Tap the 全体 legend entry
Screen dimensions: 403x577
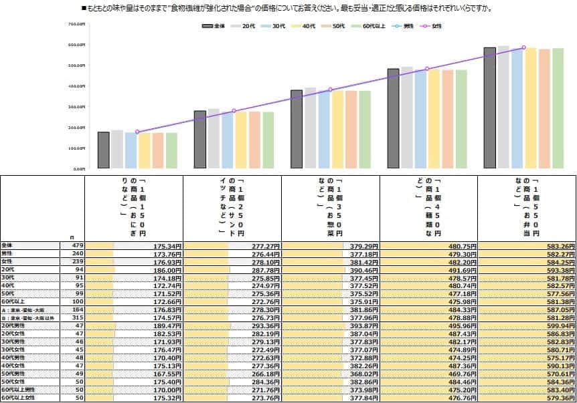point(215,25)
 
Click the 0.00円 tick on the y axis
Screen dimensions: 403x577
point(79,169)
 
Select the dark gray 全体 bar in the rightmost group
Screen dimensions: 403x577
point(489,108)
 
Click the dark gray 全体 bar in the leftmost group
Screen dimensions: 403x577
point(103,150)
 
